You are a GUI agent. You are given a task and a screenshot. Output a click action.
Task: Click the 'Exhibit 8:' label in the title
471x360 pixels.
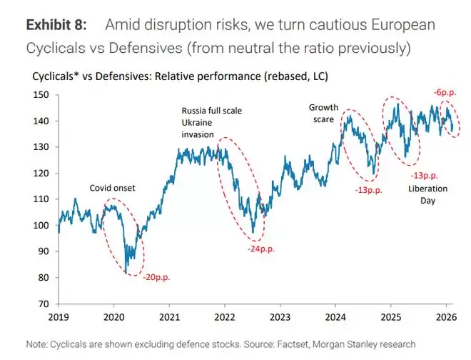coord(56,25)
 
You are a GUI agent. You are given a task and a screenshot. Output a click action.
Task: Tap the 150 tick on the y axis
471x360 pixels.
coord(44,95)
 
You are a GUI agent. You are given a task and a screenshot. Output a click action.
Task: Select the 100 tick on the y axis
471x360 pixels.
coord(44,226)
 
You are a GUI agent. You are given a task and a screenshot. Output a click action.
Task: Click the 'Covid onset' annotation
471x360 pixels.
coord(112,188)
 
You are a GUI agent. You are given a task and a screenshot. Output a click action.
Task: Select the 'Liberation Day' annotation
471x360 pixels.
coord(427,195)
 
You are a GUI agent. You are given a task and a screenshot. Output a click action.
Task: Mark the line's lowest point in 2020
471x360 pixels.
coord(126,273)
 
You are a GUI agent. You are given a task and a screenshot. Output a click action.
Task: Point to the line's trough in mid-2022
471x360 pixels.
coord(253,233)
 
